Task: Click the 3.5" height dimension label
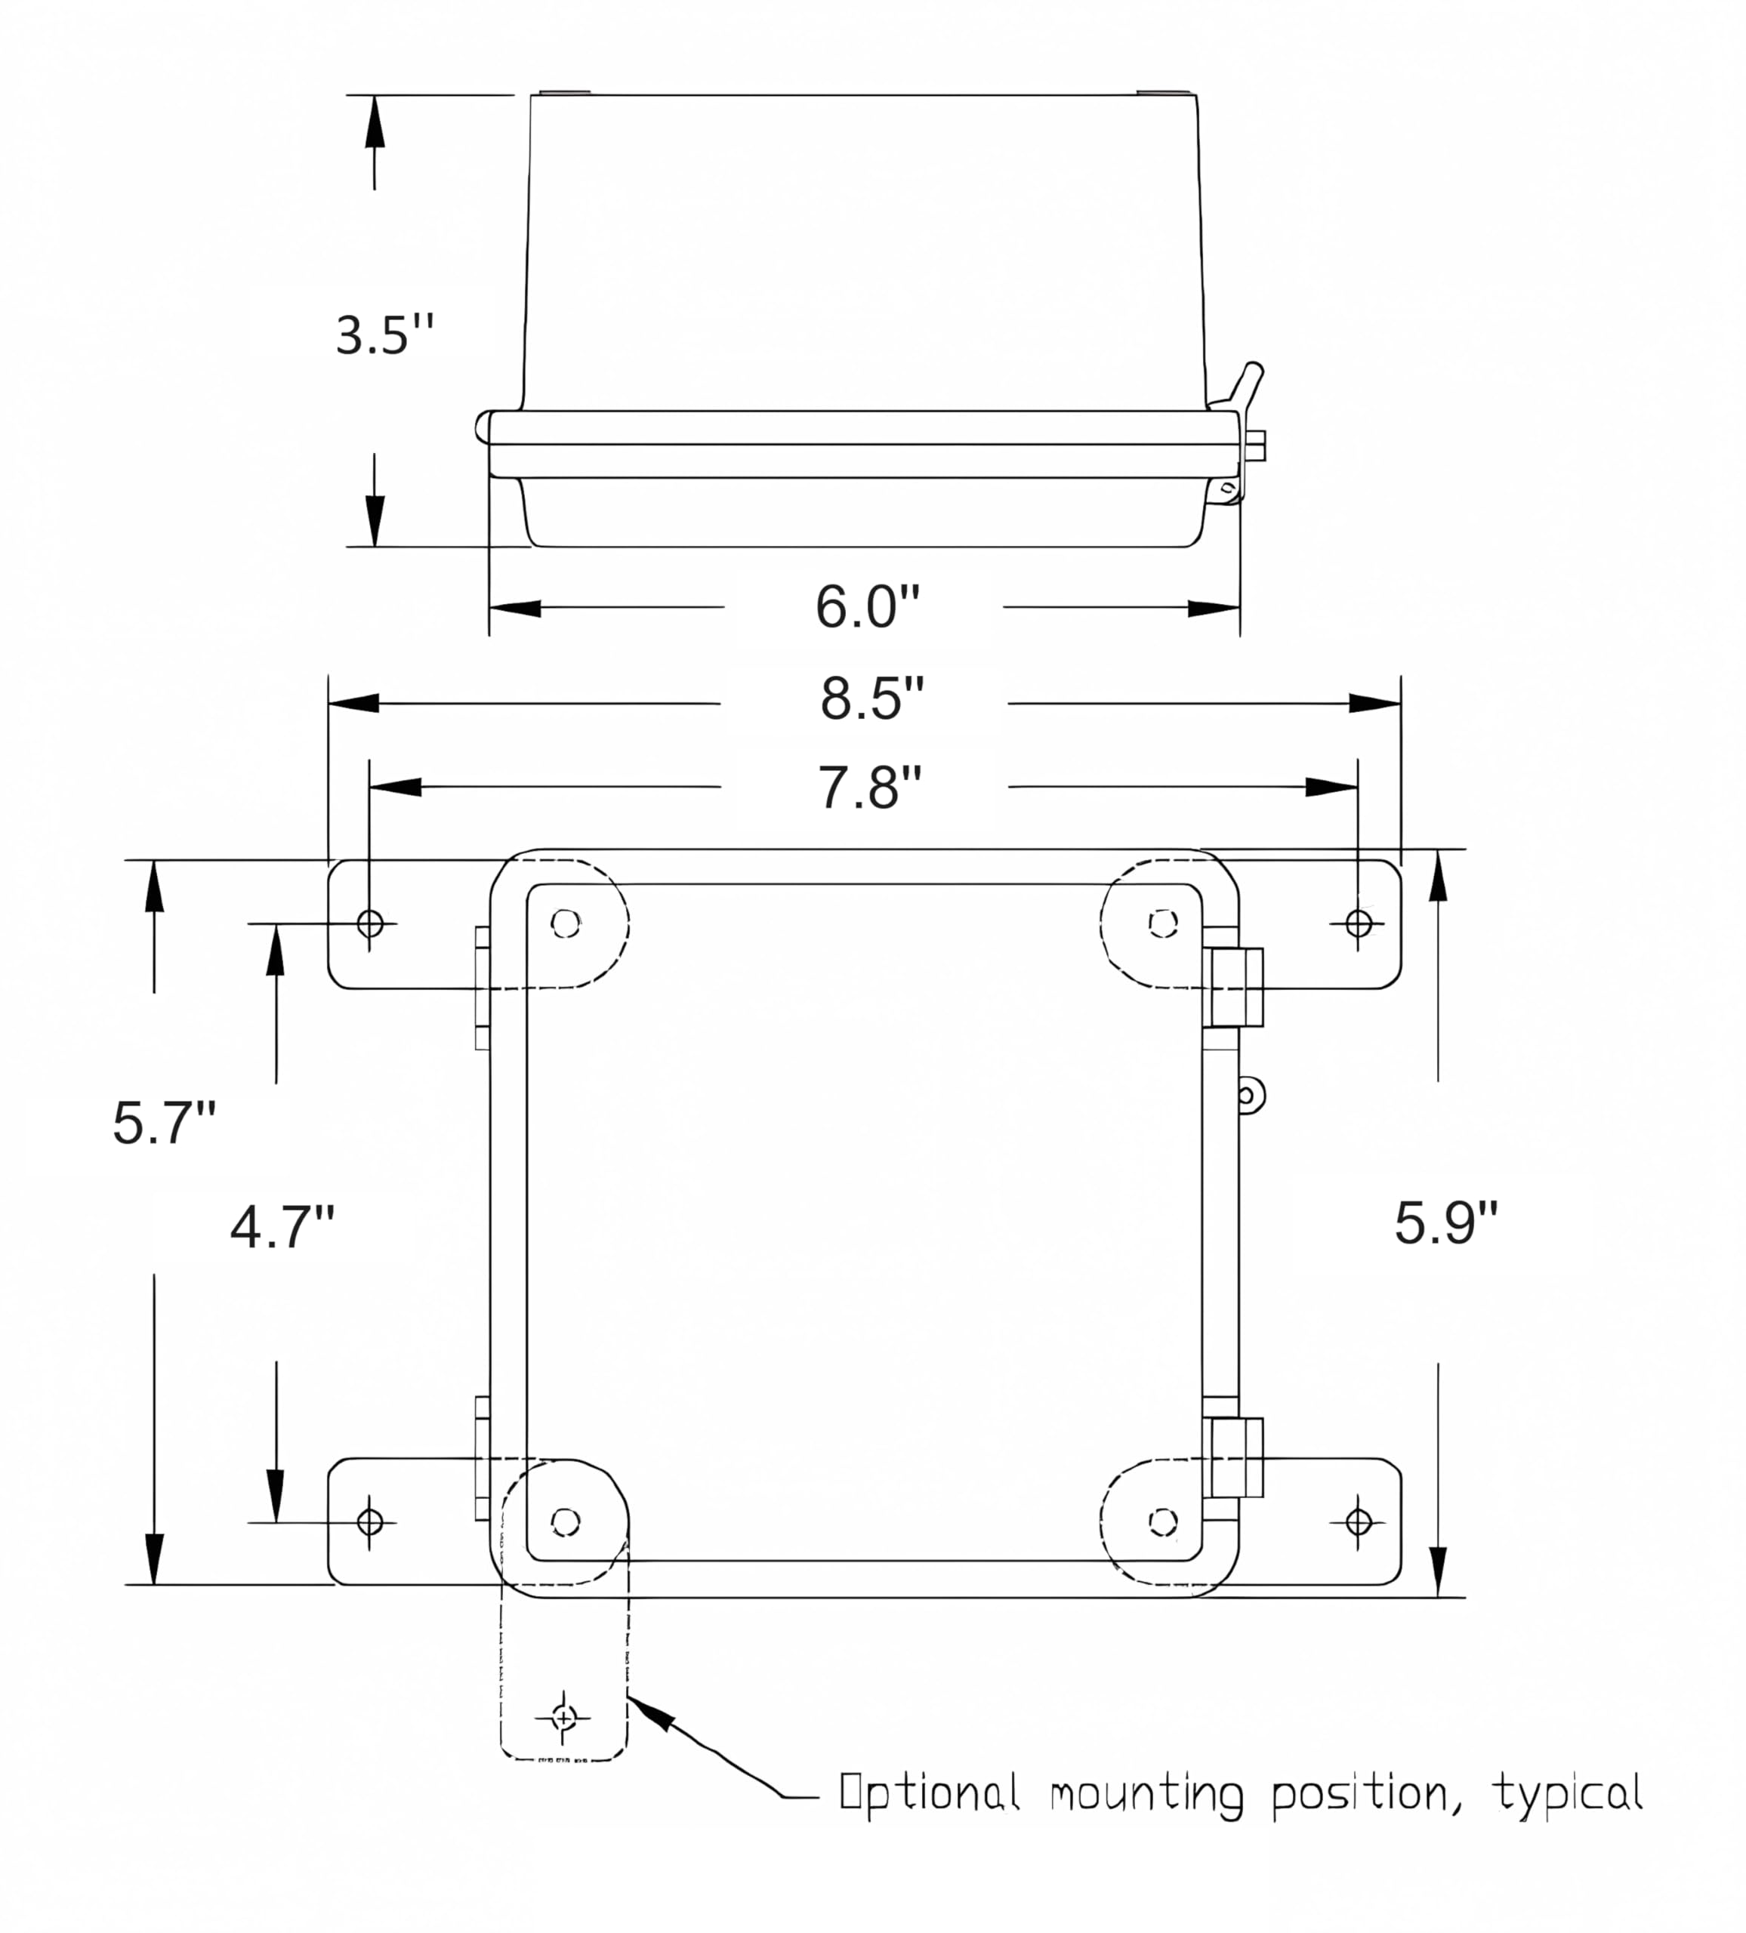coord(384,334)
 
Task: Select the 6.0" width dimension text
coord(867,606)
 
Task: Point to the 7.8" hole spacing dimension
coord(868,788)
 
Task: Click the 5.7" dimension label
coord(164,1123)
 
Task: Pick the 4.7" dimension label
coord(282,1229)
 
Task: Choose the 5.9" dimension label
coord(1445,1223)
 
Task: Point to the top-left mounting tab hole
coord(370,923)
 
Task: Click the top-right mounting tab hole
coord(1358,923)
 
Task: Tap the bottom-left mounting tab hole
coord(370,1521)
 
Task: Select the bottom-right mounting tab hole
coord(1358,1521)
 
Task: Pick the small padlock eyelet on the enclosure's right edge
coord(1249,1095)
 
